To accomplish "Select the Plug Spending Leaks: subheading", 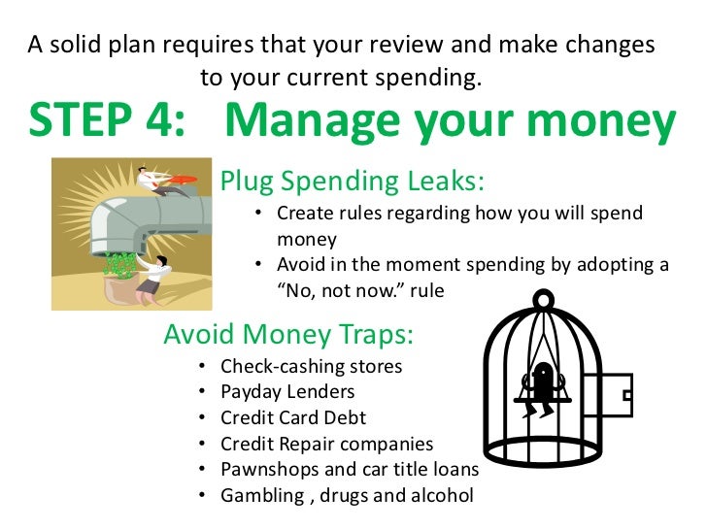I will pyautogui.click(x=352, y=182).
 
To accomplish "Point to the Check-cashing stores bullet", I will pyautogui.click(x=311, y=367).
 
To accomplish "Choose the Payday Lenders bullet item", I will pyautogui.click(x=287, y=392).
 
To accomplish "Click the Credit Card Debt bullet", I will pyautogui.click(x=293, y=418).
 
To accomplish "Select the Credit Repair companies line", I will pyautogui.click(x=326, y=444).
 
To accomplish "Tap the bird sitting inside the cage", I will pyautogui.click(x=541, y=382).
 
